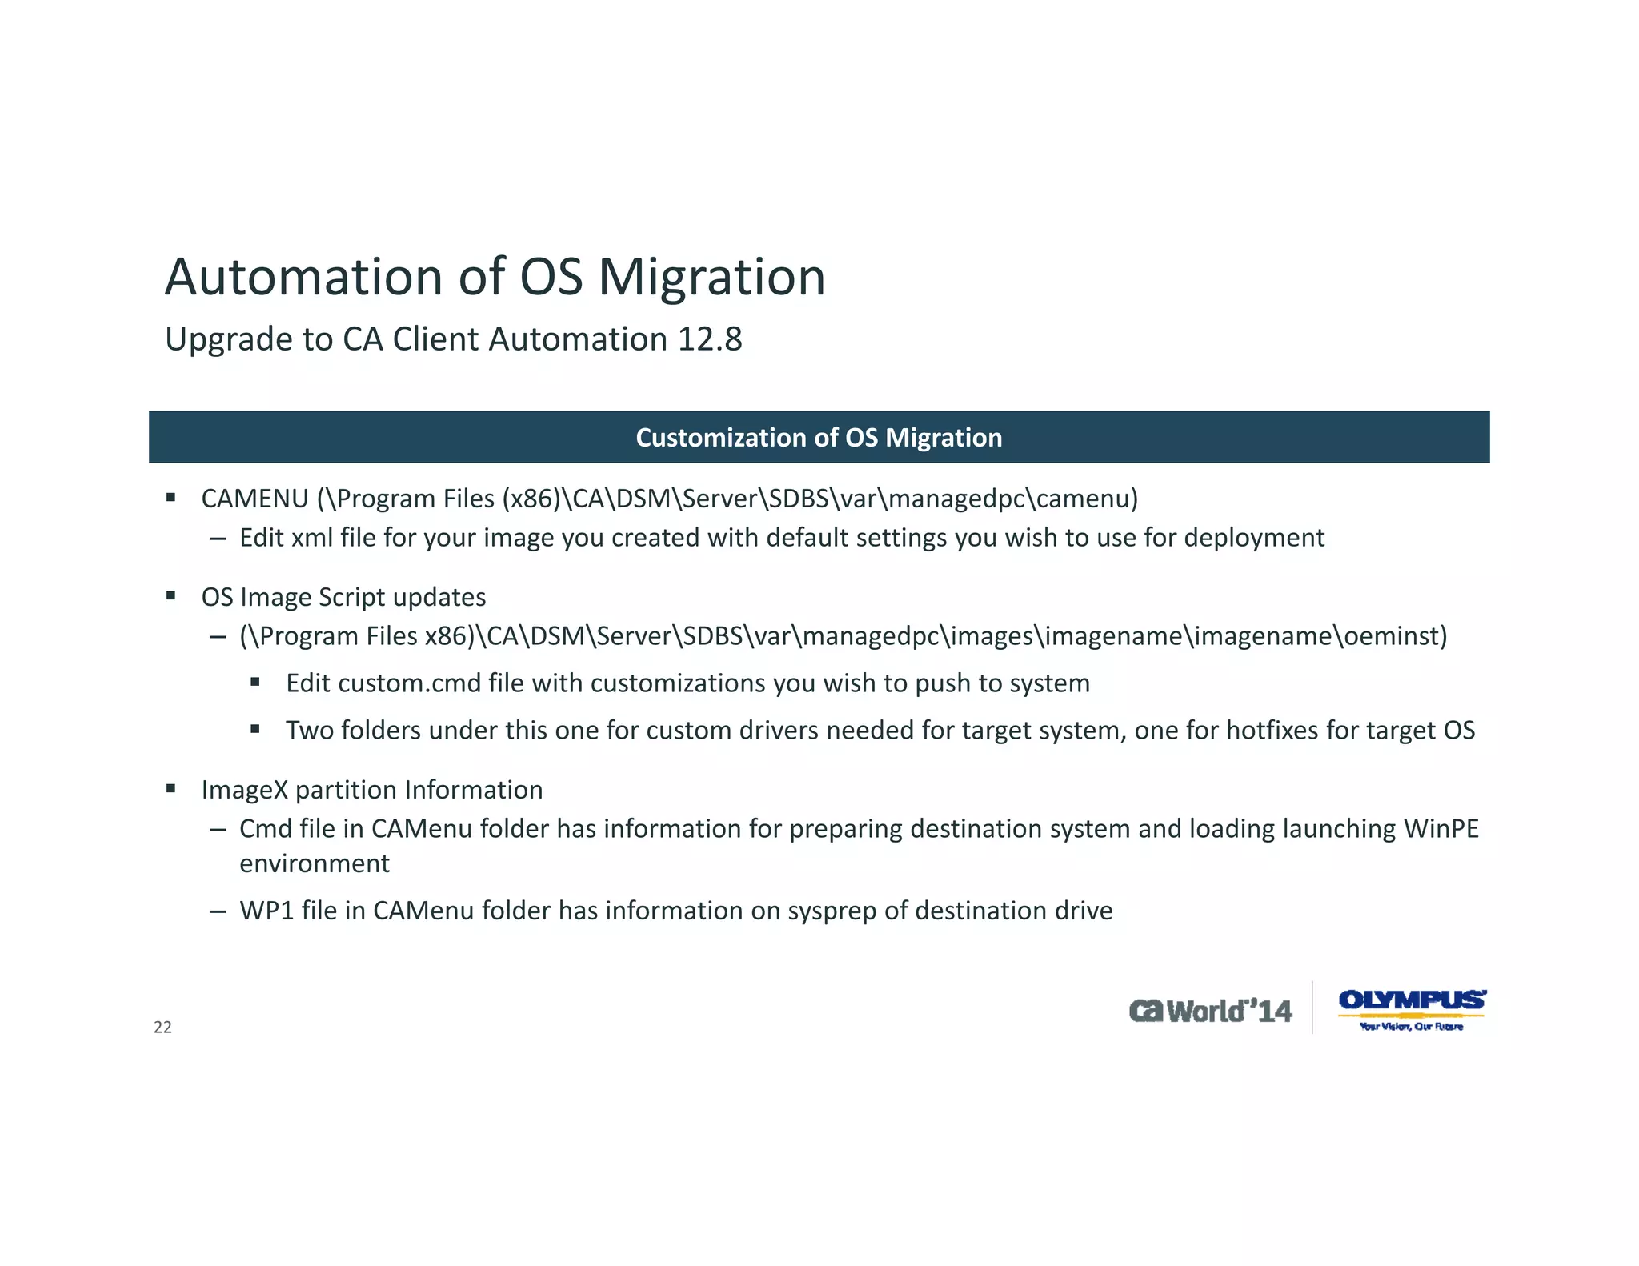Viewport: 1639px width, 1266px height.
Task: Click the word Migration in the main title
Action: pyautogui.click(x=711, y=278)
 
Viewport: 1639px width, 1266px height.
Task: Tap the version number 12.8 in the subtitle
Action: pyautogui.click(x=710, y=339)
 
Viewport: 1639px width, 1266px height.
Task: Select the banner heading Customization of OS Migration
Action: pyautogui.click(x=819, y=438)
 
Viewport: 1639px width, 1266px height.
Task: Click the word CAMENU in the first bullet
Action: pyautogui.click(x=254, y=499)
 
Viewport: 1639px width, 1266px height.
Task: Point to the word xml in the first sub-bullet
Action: pyautogui.click(x=311, y=538)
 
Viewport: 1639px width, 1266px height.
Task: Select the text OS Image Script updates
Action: pyautogui.click(x=343, y=597)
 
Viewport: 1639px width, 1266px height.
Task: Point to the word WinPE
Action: pyautogui.click(x=1441, y=829)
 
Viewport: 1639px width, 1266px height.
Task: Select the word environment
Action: pyautogui.click(x=315, y=864)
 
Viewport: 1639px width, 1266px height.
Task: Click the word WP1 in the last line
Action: pyautogui.click(x=266, y=911)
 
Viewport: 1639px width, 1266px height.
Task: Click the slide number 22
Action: pyautogui.click(x=162, y=1028)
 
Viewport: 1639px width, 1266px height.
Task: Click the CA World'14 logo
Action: pyautogui.click(x=1210, y=1011)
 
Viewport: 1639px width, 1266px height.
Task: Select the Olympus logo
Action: pyautogui.click(x=1412, y=1008)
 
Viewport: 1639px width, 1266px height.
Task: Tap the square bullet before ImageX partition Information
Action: pyautogui.click(x=170, y=789)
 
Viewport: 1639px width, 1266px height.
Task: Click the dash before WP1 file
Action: pyautogui.click(x=217, y=911)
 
